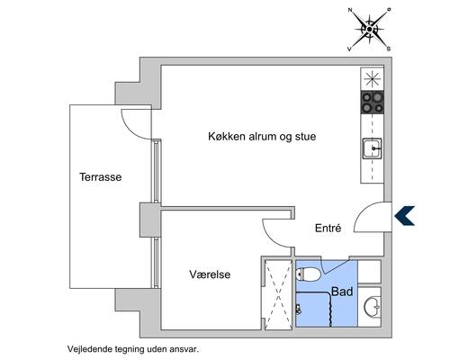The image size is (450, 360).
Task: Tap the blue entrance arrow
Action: [x=404, y=214]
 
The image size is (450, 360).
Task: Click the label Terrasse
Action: [x=100, y=177]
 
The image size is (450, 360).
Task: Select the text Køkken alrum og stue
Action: [x=262, y=137]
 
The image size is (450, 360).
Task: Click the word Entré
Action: [x=328, y=229]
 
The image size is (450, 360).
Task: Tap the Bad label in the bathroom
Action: [x=342, y=292]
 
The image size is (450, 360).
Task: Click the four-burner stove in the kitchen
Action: [x=373, y=103]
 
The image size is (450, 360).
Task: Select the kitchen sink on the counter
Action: [x=373, y=148]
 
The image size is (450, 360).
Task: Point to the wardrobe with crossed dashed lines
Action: [x=277, y=292]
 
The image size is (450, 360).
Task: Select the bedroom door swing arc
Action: [x=276, y=232]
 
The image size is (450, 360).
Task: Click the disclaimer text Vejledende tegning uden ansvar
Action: [x=131, y=346]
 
